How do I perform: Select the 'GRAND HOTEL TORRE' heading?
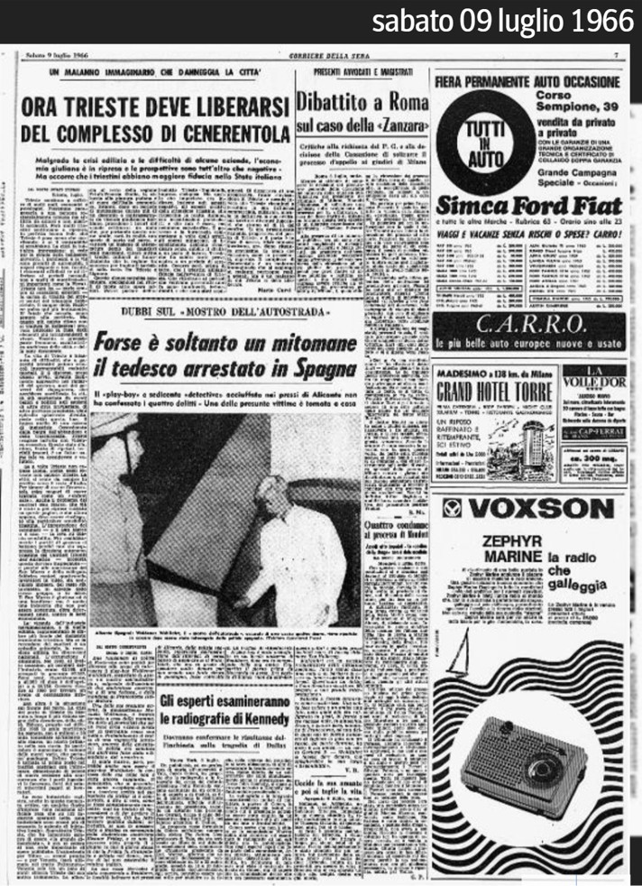pos(493,392)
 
